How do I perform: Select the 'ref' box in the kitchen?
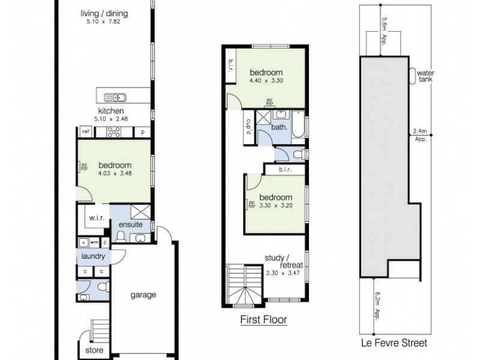coord(86,131)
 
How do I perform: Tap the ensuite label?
coord(130,224)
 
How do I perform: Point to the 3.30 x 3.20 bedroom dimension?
coord(275,206)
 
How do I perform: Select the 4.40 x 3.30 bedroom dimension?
coord(266,82)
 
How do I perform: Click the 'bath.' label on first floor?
coord(280,127)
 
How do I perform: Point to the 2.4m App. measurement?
coord(419,135)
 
